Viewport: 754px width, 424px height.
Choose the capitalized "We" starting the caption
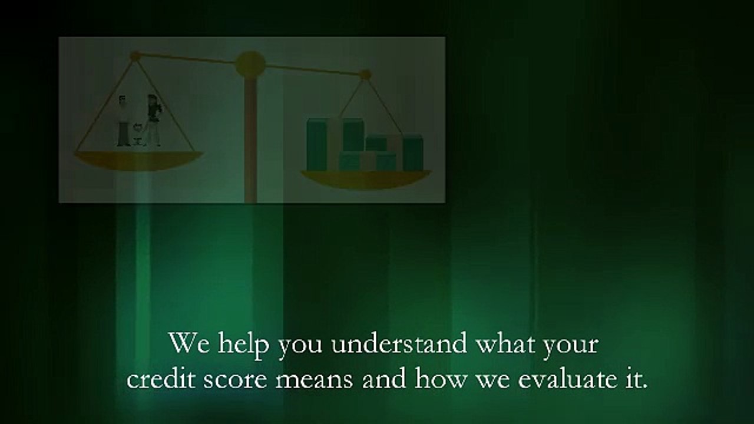(x=189, y=344)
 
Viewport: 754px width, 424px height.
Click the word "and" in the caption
(x=383, y=379)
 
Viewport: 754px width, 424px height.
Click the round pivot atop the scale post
(x=250, y=64)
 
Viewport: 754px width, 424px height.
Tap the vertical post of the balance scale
(x=250, y=141)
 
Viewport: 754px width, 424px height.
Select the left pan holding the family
(x=138, y=160)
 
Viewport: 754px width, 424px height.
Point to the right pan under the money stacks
(x=366, y=178)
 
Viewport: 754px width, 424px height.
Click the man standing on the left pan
(x=123, y=121)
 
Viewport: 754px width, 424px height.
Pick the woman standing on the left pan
(x=153, y=120)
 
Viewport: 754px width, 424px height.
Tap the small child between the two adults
(x=138, y=134)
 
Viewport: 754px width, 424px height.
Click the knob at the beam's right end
(x=366, y=75)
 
